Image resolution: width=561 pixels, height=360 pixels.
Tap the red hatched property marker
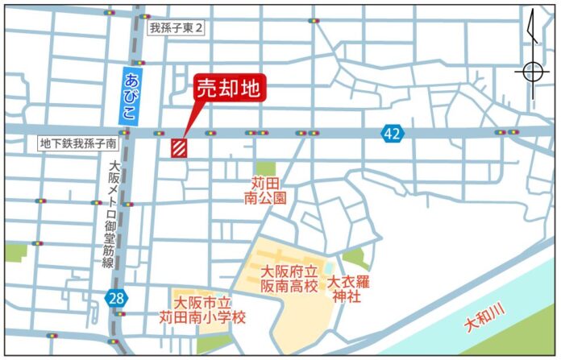tap(179, 147)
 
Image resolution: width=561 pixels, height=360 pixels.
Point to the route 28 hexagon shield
tap(116, 299)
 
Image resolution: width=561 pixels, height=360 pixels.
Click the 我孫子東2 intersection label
tap(177, 27)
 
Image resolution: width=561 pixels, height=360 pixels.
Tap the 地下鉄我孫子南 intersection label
tap(78, 143)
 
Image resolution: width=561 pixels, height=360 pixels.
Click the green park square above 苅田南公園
tap(266, 168)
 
